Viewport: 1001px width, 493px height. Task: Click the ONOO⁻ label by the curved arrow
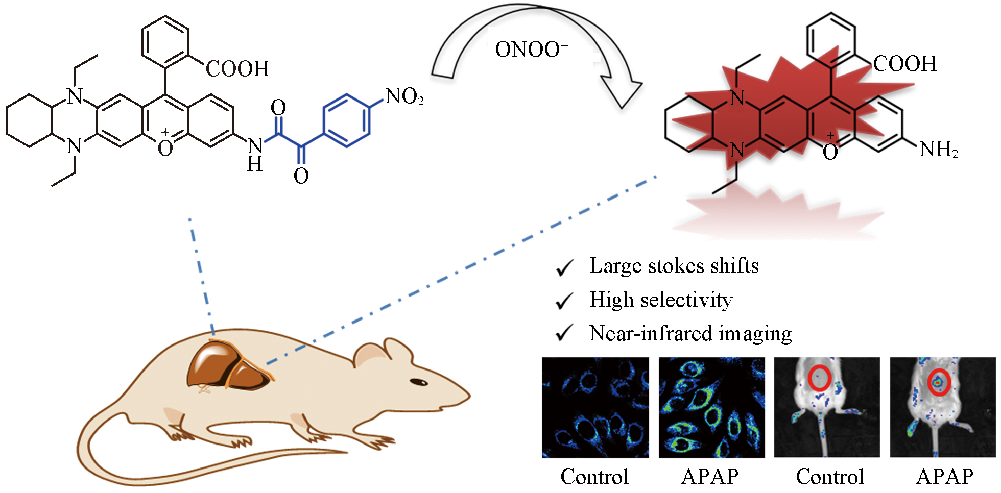click(x=531, y=50)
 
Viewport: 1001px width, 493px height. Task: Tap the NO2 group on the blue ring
click(x=404, y=96)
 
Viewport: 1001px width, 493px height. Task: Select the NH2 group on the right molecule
click(x=938, y=150)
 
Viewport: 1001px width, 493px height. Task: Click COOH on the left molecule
click(x=237, y=69)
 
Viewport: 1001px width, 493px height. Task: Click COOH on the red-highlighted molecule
click(x=904, y=64)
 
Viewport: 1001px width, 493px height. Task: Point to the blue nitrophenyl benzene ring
click(x=347, y=120)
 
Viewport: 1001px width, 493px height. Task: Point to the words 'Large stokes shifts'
click(x=674, y=266)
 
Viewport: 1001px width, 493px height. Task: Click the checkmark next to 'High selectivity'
click(x=564, y=301)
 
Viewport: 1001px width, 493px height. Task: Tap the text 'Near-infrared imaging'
click(x=690, y=334)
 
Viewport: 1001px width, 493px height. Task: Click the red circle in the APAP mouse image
click(x=939, y=382)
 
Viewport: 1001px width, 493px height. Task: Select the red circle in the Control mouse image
click(x=820, y=378)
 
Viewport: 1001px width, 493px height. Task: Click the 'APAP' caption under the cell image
click(x=710, y=476)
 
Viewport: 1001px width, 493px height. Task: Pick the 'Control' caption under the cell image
click(x=594, y=476)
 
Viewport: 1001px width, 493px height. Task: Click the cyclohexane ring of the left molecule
click(x=30, y=121)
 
